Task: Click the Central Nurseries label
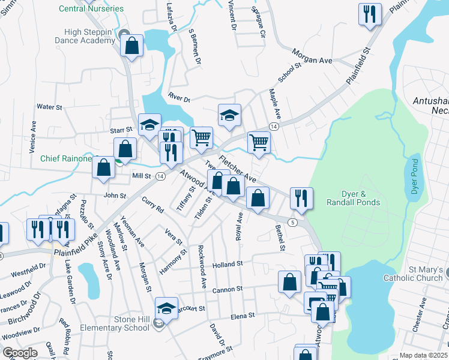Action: coord(92,9)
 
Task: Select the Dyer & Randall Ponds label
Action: coord(353,198)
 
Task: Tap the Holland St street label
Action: coord(227,263)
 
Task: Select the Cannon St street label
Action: coord(227,289)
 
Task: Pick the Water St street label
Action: coord(49,107)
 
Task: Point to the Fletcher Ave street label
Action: coord(238,170)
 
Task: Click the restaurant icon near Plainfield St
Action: coord(370,14)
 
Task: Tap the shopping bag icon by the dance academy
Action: coord(131,45)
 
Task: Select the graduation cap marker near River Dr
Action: coord(229,115)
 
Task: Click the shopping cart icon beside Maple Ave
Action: coord(259,143)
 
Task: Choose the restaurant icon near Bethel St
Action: coord(300,198)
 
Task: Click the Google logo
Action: coord(20,353)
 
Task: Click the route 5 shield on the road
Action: coord(292,223)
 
